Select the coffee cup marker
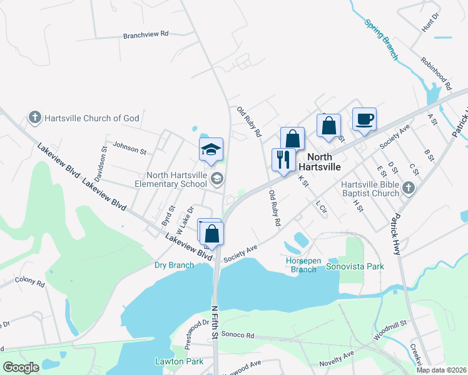coord(364,118)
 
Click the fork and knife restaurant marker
coord(283,160)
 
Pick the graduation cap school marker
coord(211,149)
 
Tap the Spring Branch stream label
coord(381,39)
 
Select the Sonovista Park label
coord(355,266)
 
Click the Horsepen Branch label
coord(303,265)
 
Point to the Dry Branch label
coord(174,265)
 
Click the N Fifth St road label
coord(214,322)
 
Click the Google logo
coord(21,367)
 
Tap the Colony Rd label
coord(29,282)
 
